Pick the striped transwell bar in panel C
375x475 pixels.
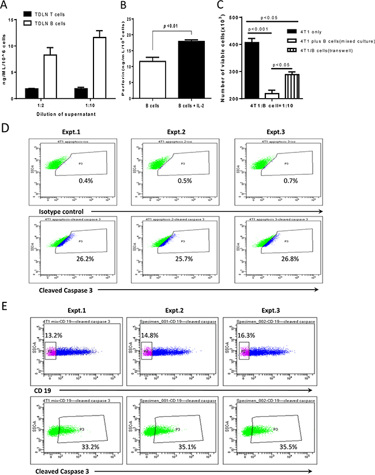(282, 87)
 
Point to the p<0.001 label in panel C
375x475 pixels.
(258, 28)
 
